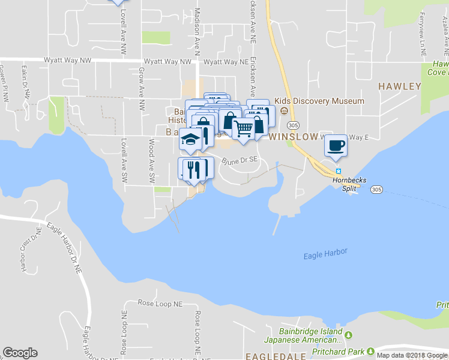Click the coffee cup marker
click(x=336, y=145)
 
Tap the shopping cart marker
click(x=243, y=129)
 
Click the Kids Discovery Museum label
click(x=319, y=101)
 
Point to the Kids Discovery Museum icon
click(x=283, y=111)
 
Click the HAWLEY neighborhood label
click(x=399, y=86)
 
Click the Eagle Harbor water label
click(x=325, y=254)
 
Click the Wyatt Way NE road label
click(x=226, y=62)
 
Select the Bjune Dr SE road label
click(x=240, y=161)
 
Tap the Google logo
click(x=20, y=353)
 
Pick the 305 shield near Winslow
click(x=292, y=125)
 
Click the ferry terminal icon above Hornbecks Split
click(x=338, y=170)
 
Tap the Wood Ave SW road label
click(x=152, y=161)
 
